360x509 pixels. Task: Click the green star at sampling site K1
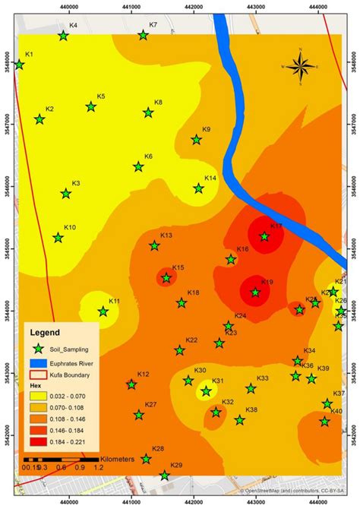click(x=20, y=65)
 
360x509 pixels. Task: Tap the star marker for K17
click(x=264, y=236)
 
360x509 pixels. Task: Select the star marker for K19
click(x=255, y=292)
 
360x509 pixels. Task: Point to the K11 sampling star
click(x=103, y=311)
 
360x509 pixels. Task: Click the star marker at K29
click(x=165, y=476)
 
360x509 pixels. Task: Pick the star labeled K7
click(x=143, y=35)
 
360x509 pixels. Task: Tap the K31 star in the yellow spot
click(x=205, y=392)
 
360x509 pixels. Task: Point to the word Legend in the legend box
click(x=46, y=332)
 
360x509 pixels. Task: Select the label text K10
click(x=70, y=227)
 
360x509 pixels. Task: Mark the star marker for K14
click(x=199, y=188)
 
